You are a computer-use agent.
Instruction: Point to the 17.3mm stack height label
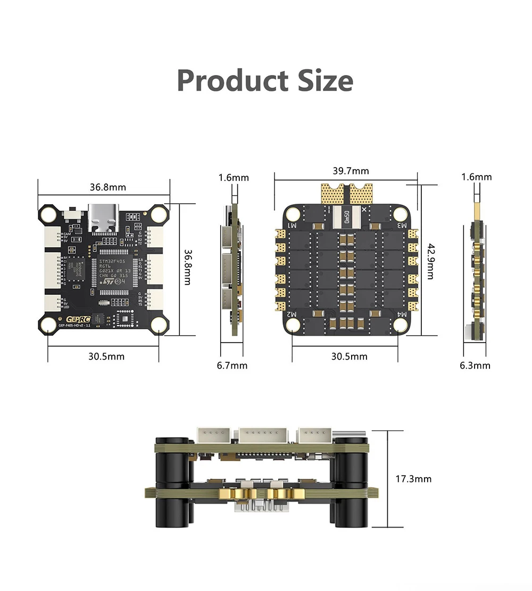(x=413, y=479)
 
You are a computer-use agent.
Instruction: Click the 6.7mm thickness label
(x=232, y=365)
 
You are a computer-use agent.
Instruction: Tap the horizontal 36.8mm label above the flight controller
(x=107, y=187)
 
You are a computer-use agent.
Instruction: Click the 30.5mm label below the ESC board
(x=349, y=356)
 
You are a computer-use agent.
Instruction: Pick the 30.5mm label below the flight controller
(x=106, y=356)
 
